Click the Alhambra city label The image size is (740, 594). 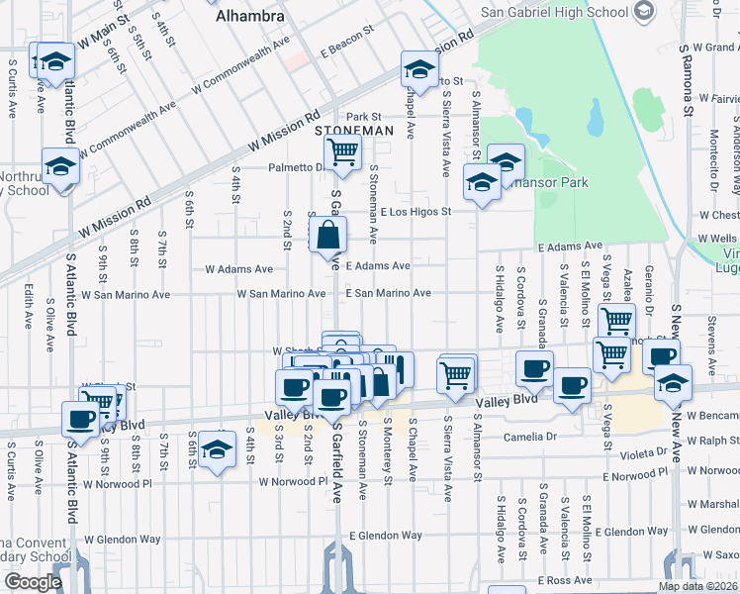coord(250,16)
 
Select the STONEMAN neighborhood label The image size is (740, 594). coord(354,131)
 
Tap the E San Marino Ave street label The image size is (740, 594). coord(388,293)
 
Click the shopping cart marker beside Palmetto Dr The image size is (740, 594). coord(342,152)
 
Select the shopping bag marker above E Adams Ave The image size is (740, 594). coord(328,236)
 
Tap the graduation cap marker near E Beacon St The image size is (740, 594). coord(419,70)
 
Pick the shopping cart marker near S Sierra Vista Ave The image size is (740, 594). coord(456,374)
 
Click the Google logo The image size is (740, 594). coord(33,582)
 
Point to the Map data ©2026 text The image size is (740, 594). coord(697,586)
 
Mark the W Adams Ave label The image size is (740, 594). coord(238,268)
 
